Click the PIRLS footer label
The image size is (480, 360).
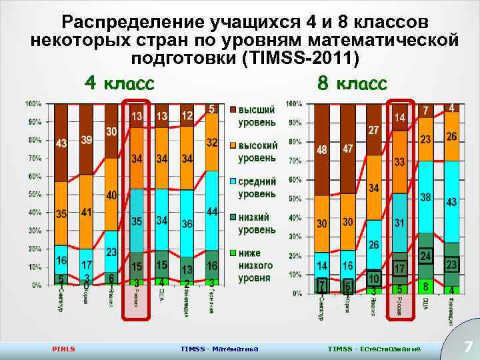(x=63, y=349)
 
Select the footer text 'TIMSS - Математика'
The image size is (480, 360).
(x=219, y=349)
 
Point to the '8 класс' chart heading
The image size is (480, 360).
(x=352, y=84)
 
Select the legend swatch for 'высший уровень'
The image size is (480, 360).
(x=234, y=109)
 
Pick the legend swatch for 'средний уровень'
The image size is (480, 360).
(x=234, y=181)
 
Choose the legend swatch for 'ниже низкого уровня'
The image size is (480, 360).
(x=234, y=253)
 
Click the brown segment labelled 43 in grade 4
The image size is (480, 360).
(x=61, y=143)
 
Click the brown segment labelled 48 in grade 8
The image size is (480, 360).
(x=323, y=150)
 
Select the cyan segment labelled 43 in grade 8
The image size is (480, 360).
(x=451, y=201)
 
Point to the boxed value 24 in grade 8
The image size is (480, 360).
(x=425, y=255)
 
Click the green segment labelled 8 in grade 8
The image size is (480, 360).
(x=425, y=285)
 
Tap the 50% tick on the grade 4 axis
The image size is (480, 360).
(x=33, y=194)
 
